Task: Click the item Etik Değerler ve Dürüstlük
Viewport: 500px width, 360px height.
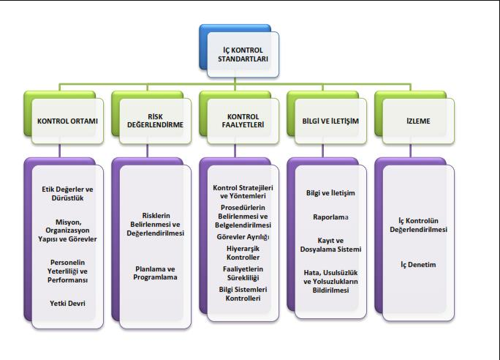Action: [x=67, y=193]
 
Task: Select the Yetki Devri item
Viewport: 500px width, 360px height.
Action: [x=67, y=303]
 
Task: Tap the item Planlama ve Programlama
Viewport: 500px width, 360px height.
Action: [x=155, y=273]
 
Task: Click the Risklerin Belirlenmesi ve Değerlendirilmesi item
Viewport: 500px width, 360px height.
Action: [x=155, y=225]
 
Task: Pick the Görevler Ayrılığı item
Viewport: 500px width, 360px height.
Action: [x=243, y=237]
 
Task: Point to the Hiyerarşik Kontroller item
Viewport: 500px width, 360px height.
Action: [x=243, y=252]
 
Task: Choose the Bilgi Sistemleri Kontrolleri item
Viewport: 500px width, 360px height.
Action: [x=243, y=294]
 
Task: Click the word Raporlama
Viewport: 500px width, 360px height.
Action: [x=330, y=217]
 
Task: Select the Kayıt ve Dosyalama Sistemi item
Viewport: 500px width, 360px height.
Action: [x=330, y=245]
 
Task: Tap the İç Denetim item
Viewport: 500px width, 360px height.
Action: [x=418, y=265]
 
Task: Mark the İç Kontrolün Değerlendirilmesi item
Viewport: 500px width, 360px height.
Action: [x=418, y=225]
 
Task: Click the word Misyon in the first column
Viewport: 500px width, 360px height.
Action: [x=69, y=222]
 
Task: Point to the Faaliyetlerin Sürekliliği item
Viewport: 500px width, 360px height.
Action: [x=243, y=274]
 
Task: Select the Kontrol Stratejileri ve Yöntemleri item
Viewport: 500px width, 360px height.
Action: [x=243, y=192]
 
